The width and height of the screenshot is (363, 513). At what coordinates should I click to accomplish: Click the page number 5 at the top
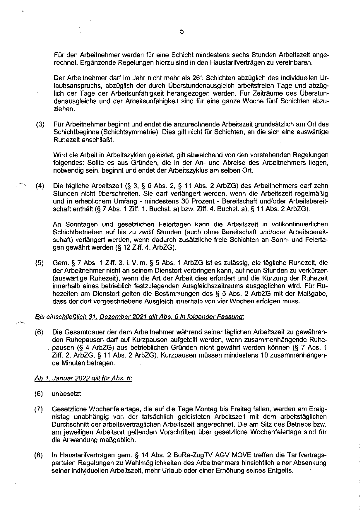181,31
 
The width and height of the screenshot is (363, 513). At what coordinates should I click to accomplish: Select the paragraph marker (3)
40,124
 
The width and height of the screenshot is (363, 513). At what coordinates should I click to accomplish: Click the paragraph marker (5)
40,263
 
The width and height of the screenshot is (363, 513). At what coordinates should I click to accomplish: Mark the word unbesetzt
66,394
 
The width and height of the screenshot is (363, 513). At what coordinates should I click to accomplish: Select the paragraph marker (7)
39,409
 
